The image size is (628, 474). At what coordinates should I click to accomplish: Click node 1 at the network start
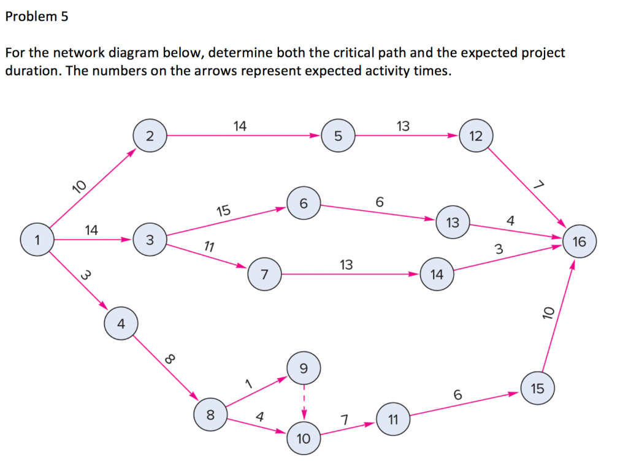coord(37,240)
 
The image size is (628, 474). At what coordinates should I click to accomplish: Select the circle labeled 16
coord(578,242)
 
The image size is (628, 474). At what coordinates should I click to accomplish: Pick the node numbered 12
coord(475,136)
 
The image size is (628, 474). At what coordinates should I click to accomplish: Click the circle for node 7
coord(264,275)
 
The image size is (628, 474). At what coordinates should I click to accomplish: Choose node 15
coord(537,388)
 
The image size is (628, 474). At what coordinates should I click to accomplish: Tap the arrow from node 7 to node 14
coord(350,275)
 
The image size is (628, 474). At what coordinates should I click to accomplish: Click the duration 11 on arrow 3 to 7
coord(209,247)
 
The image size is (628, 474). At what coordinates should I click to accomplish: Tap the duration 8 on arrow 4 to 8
coord(170,359)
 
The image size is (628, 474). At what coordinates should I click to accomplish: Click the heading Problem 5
coord(37,17)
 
